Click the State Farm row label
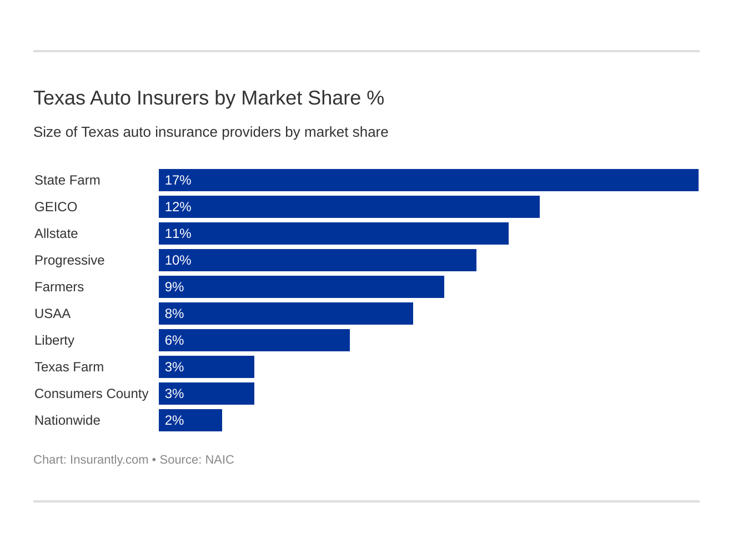point(67,180)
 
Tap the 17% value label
point(178,180)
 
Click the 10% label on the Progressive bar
point(178,260)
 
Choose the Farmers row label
point(59,287)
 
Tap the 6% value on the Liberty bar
point(174,340)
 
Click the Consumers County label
point(92,394)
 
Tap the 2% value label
point(174,420)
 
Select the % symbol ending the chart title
point(375,98)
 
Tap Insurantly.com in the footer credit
point(109,460)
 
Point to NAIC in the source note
point(219,460)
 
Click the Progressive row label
point(69,260)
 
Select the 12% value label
point(178,207)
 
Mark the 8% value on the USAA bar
point(174,314)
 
